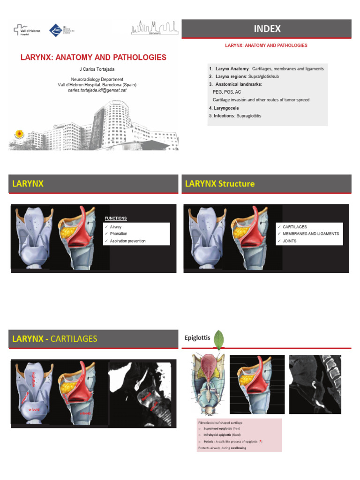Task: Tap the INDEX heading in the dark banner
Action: (x=267, y=29)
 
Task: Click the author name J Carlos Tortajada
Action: (x=95, y=69)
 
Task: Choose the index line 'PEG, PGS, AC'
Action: (x=227, y=92)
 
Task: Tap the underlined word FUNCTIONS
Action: (x=116, y=218)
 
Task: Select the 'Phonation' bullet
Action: (x=119, y=234)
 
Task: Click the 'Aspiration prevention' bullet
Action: (x=127, y=241)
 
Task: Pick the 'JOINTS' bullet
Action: (x=289, y=241)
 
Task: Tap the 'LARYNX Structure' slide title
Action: (x=220, y=184)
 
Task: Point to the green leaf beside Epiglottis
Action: (x=218, y=339)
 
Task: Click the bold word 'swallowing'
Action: (x=238, y=448)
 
